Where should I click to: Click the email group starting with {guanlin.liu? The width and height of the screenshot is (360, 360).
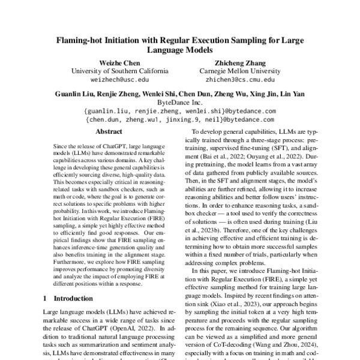180,111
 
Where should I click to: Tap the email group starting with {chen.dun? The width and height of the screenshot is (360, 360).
180,119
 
